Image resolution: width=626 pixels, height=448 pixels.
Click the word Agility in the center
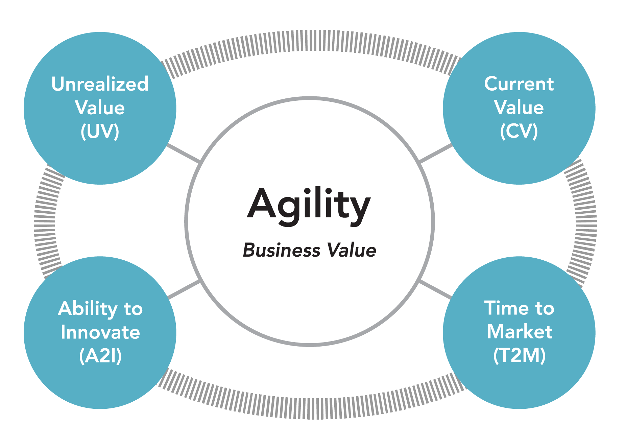click(309, 206)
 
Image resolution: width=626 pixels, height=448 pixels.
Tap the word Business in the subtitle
click(282, 251)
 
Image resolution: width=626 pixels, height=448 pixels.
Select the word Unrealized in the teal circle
click(100, 84)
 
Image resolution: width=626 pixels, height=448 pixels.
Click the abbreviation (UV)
click(100, 131)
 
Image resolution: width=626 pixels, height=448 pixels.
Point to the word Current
click(519, 84)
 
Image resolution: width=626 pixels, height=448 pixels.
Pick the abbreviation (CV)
click(519, 131)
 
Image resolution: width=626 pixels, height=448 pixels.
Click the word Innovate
click(100, 332)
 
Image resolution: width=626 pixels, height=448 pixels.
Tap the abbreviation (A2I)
click(100, 356)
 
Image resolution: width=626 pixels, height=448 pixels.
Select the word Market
click(520, 331)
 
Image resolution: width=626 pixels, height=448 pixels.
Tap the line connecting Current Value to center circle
click(436, 153)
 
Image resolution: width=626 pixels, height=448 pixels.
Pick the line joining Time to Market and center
click(435, 289)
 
